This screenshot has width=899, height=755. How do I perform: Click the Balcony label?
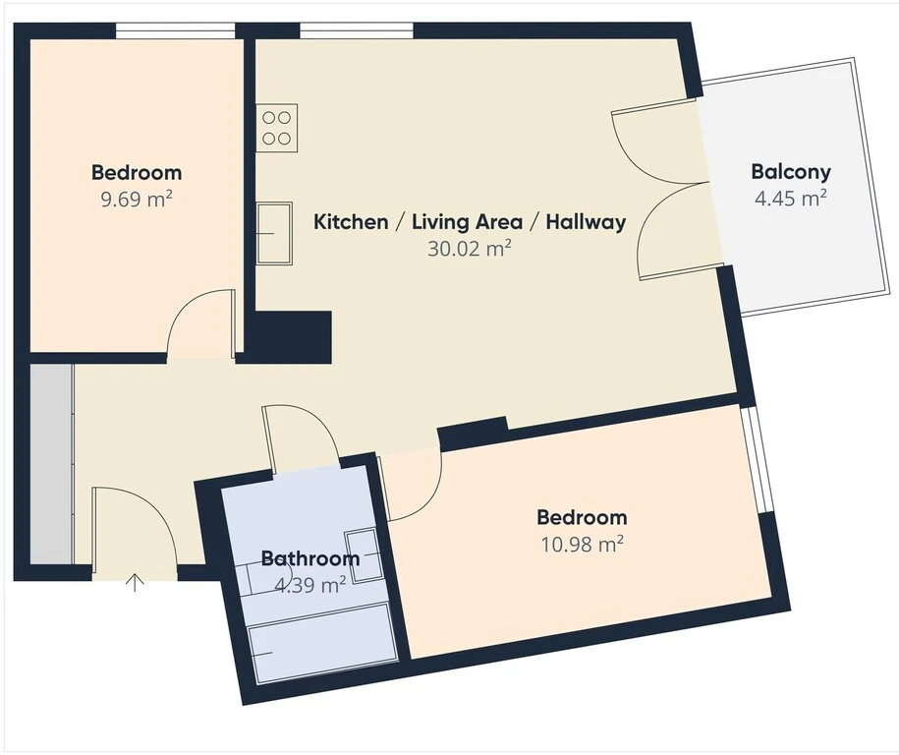click(x=791, y=171)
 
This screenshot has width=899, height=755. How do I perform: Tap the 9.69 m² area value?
click(x=137, y=200)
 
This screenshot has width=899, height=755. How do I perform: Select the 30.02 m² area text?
click(x=469, y=249)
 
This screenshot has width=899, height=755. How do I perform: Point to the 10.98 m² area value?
click(x=582, y=544)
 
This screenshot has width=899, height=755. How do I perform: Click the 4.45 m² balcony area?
click(x=791, y=199)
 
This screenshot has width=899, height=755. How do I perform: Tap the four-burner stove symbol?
click(x=277, y=128)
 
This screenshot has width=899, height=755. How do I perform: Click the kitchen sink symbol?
click(x=274, y=233)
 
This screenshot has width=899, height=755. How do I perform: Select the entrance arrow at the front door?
click(x=135, y=582)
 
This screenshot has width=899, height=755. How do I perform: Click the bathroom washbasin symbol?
click(x=363, y=556)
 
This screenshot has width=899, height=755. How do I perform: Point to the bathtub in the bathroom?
click(x=323, y=651)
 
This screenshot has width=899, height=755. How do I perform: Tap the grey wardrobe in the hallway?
click(x=52, y=464)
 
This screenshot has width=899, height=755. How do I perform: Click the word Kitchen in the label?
click(x=351, y=221)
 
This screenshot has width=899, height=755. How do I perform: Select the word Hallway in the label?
click(x=586, y=221)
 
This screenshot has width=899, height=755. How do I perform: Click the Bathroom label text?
click(x=310, y=558)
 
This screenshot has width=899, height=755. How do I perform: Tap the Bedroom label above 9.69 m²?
click(x=137, y=172)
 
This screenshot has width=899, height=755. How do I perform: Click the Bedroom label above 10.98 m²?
click(x=582, y=517)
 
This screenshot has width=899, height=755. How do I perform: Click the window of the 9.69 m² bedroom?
click(x=176, y=30)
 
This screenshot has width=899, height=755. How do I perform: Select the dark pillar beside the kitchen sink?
click(x=290, y=337)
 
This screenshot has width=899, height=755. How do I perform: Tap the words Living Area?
click(x=468, y=221)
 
